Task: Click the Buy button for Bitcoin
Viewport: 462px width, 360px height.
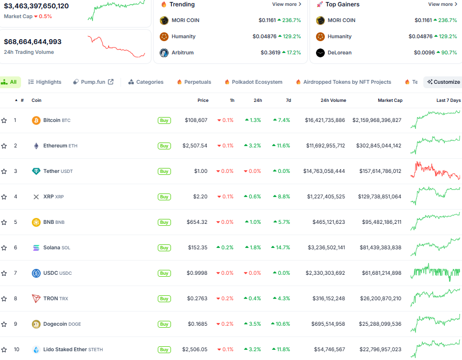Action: pos(164,120)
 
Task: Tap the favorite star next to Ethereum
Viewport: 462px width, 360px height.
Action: pos(4,146)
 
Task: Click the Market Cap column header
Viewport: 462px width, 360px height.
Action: pos(390,100)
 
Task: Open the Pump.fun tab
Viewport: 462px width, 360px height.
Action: pos(93,82)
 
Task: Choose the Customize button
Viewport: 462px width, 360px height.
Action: pos(443,82)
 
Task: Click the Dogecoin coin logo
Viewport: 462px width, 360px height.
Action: pos(36,324)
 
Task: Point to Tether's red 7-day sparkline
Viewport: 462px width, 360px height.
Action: pos(435,171)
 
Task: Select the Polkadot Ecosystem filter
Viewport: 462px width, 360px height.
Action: pos(253,82)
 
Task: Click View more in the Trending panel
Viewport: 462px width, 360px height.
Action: pos(287,4)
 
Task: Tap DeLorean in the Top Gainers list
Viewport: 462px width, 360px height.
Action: pos(340,53)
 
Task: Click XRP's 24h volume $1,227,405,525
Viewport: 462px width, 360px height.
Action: pos(326,197)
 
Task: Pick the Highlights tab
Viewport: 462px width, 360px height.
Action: pos(45,82)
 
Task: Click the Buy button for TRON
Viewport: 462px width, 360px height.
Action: pos(164,299)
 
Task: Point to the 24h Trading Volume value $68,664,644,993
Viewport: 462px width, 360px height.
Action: pos(33,42)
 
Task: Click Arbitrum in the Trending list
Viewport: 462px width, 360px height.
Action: pos(182,53)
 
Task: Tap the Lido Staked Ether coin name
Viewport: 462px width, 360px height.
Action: pos(65,350)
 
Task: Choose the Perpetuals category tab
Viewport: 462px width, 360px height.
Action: pos(194,82)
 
